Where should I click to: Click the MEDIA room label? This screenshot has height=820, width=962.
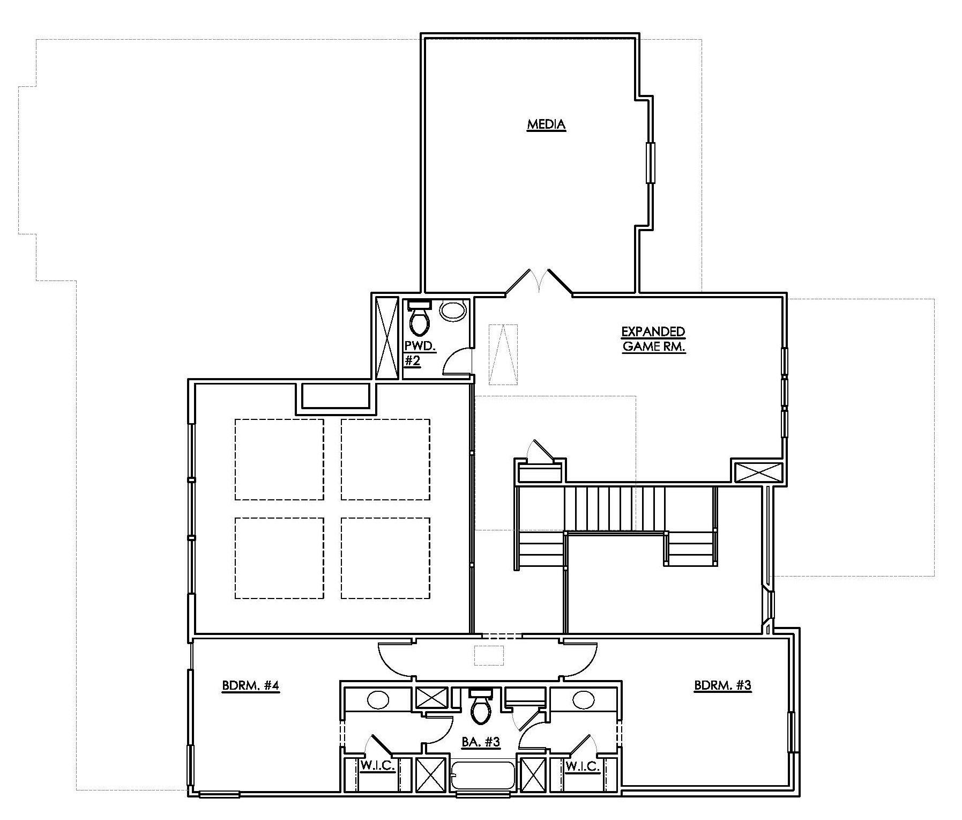click(546, 125)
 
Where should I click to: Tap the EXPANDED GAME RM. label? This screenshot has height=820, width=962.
click(653, 339)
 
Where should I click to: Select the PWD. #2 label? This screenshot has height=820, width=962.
click(420, 353)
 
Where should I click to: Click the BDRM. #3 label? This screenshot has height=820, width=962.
click(723, 685)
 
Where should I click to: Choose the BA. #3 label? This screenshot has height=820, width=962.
click(481, 742)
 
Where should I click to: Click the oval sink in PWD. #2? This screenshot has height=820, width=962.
click(453, 311)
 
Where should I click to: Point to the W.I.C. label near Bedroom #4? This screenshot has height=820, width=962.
click(377, 766)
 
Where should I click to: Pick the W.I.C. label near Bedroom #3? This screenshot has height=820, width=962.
click(583, 766)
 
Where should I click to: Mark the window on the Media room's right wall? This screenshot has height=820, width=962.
click(651, 163)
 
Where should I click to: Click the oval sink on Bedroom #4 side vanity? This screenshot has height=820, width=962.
click(379, 700)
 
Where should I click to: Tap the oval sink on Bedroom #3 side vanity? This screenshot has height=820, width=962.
click(583, 700)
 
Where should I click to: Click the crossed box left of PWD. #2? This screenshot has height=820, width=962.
click(387, 338)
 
